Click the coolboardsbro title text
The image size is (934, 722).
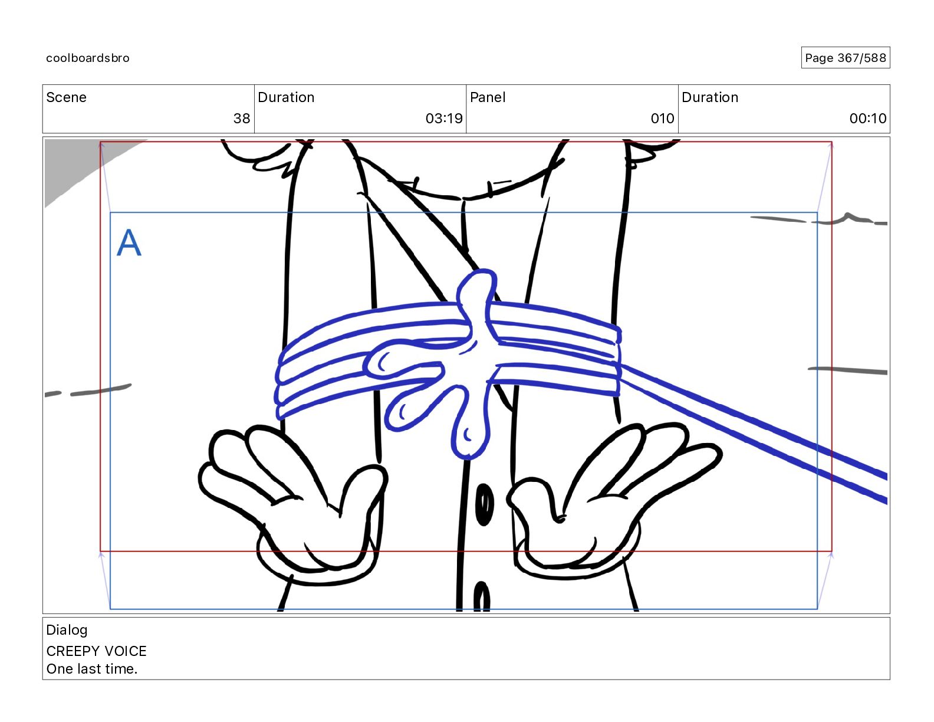point(88,58)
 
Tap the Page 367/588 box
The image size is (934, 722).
point(845,58)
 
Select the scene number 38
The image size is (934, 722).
point(242,119)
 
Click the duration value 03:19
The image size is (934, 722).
point(444,119)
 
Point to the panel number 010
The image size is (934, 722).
point(662,119)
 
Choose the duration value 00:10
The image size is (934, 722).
point(867,119)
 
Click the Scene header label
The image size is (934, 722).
point(66,97)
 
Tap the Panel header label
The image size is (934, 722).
point(488,97)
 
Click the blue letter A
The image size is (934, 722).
point(129,242)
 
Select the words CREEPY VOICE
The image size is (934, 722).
point(96,651)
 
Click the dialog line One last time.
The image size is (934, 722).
point(91,669)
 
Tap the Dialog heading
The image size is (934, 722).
point(67,630)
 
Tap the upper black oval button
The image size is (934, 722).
point(484,504)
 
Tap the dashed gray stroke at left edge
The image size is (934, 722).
point(88,391)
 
